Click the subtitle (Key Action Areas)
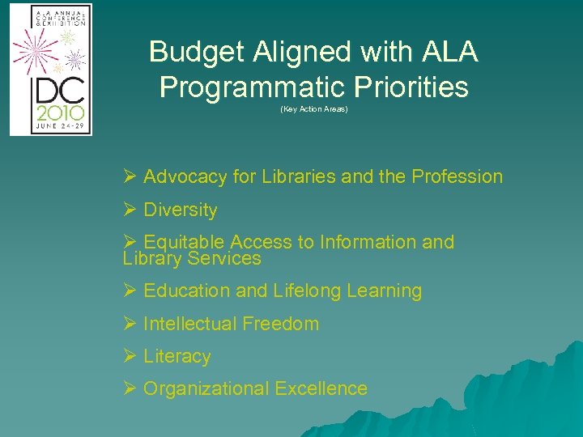[313, 109]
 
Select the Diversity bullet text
[180, 210]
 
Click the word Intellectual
[183, 325]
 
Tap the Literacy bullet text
[177, 357]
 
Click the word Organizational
[206, 389]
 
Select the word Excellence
[321, 389]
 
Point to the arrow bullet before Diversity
[130, 210]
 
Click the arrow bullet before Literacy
[130, 357]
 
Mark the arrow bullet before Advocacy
[130, 177]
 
